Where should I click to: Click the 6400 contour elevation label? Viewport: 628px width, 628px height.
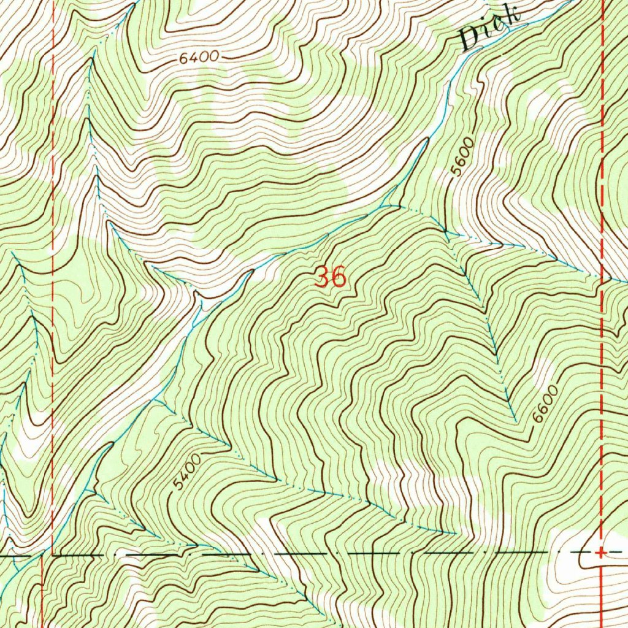pyautogui.click(x=199, y=58)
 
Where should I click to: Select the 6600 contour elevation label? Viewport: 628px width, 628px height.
pyautogui.click(x=546, y=404)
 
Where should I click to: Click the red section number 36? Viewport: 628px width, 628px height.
pyautogui.click(x=331, y=277)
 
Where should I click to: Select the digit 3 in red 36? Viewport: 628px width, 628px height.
pyautogui.click(x=322, y=277)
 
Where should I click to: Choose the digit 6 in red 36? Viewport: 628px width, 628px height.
pyautogui.click(x=339, y=278)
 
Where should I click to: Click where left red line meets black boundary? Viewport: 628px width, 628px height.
pyautogui.click(x=43, y=555)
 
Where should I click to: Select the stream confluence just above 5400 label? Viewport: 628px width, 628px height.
pyautogui.click(x=156, y=400)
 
